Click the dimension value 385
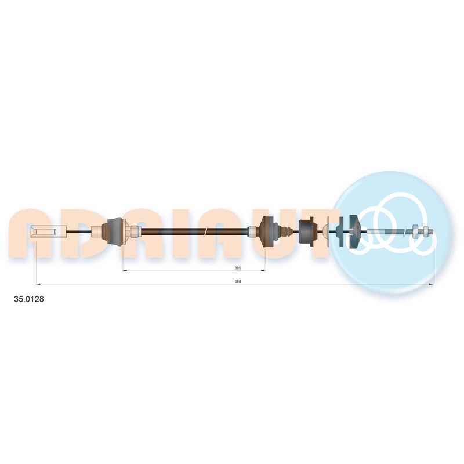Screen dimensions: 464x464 [238, 268]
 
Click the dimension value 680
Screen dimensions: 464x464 [238, 281]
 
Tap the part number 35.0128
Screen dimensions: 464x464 [29, 299]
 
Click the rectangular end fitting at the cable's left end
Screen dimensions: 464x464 [49, 231]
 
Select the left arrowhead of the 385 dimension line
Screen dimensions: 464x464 [125, 270]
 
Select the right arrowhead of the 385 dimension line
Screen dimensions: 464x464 [263, 270]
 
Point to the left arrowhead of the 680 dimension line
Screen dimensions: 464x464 [38, 284]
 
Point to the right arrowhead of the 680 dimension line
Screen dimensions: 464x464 [430, 284]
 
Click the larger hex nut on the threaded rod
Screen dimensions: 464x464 [415, 231]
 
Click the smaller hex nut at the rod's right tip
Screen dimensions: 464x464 [425, 231]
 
